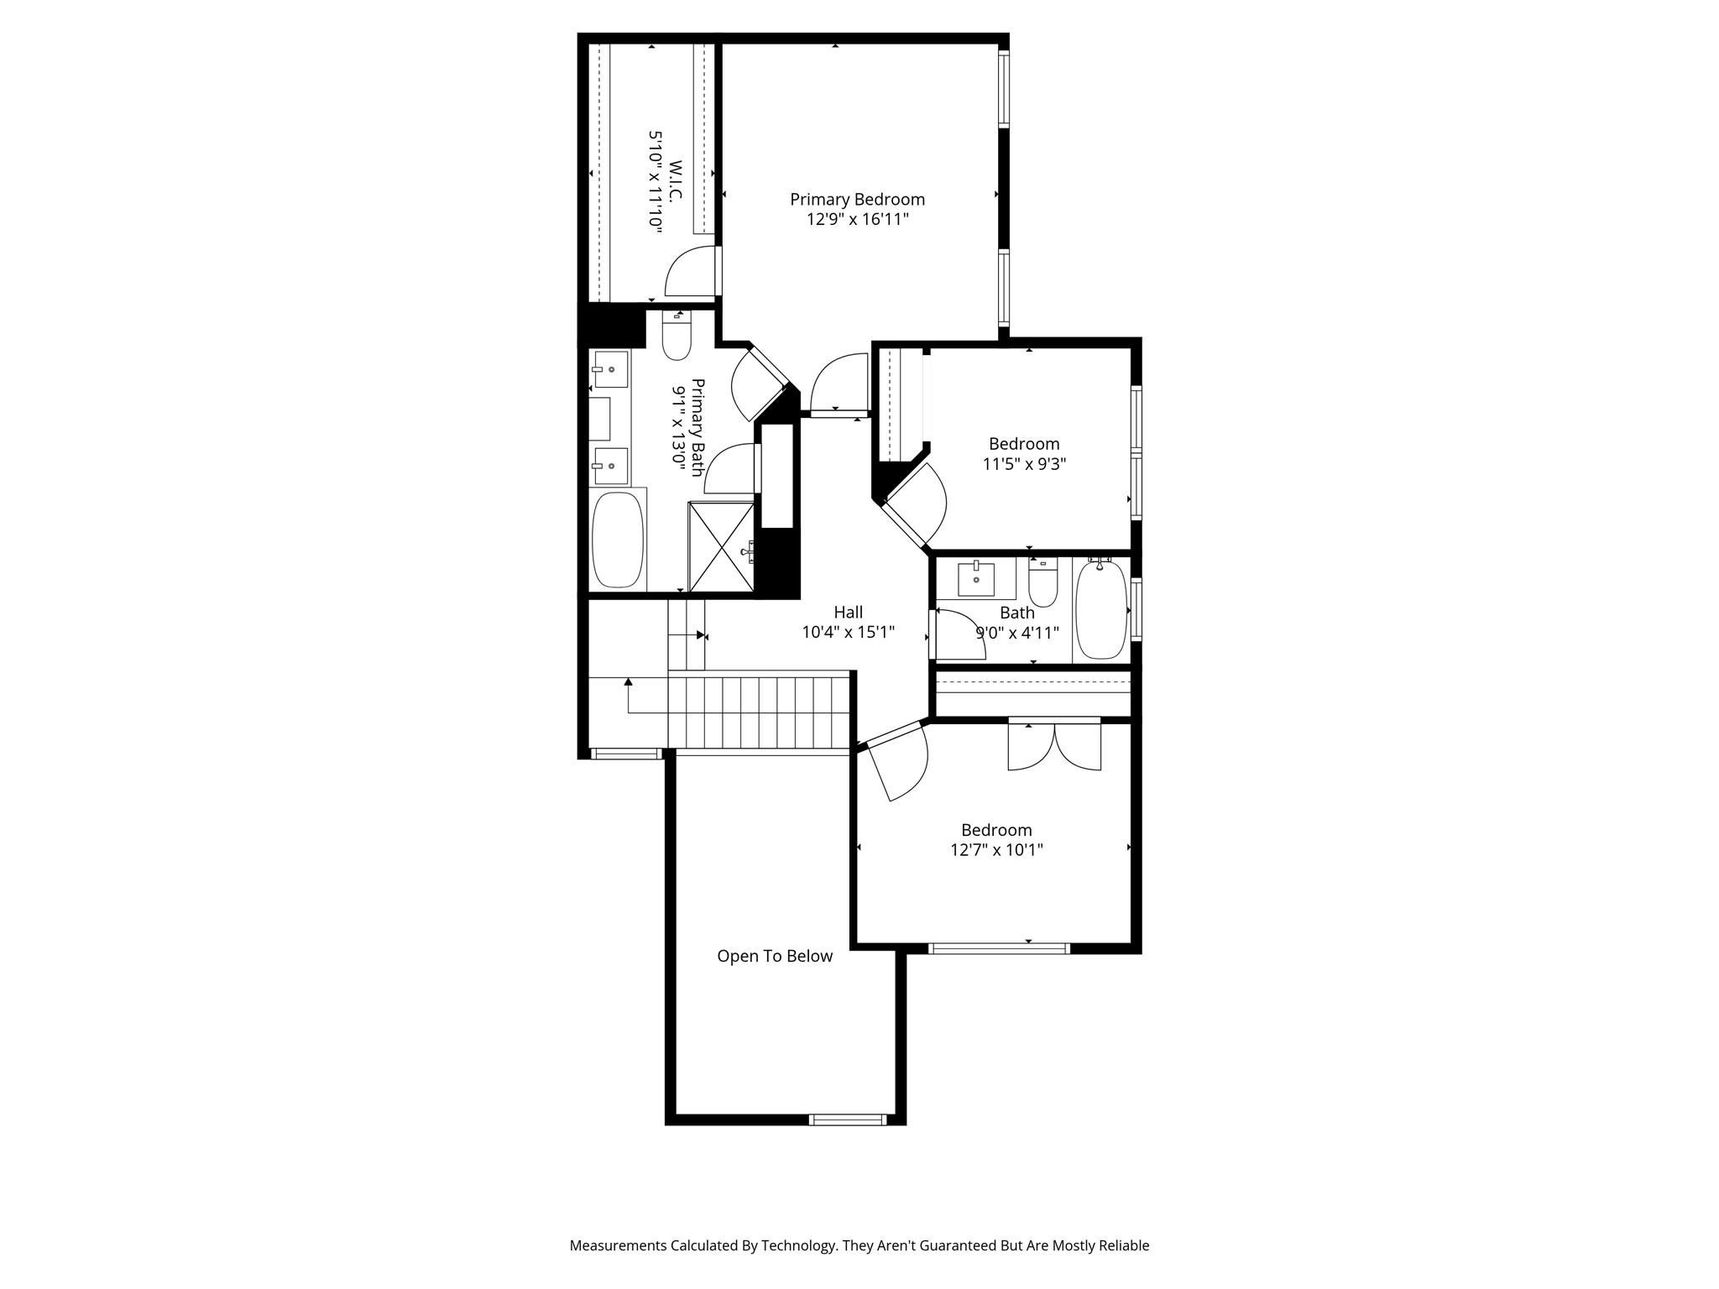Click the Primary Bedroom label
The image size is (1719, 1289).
click(x=857, y=200)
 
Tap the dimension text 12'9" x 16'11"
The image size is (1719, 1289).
click(x=857, y=220)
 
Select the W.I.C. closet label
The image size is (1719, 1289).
click(x=676, y=180)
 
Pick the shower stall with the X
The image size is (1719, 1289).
click(x=721, y=546)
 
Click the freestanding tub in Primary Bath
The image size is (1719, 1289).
click(x=618, y=540)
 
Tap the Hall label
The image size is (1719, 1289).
click(x=848, y=613)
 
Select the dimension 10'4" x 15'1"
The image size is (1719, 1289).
click(x=848, y=633)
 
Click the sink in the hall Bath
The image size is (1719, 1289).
click(x=976, y=578)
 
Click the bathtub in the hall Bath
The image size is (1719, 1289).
click(x=1100, y=610)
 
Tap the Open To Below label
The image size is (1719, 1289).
click(x=774, y=957)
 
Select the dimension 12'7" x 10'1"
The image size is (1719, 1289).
click(x=996, y=850)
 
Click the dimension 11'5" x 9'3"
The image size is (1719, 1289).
click(x=1023, y=464)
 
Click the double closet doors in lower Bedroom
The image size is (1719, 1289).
click(x=1054, y=746)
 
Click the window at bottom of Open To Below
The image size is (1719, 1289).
click(x=847, y=1119)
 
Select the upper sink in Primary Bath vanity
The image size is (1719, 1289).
click(x=610, y=369)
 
